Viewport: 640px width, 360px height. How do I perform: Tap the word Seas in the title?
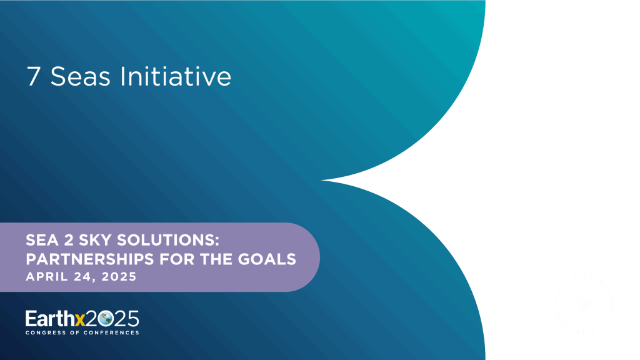[78, 77]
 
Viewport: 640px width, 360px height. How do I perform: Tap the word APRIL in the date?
[45, 276]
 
